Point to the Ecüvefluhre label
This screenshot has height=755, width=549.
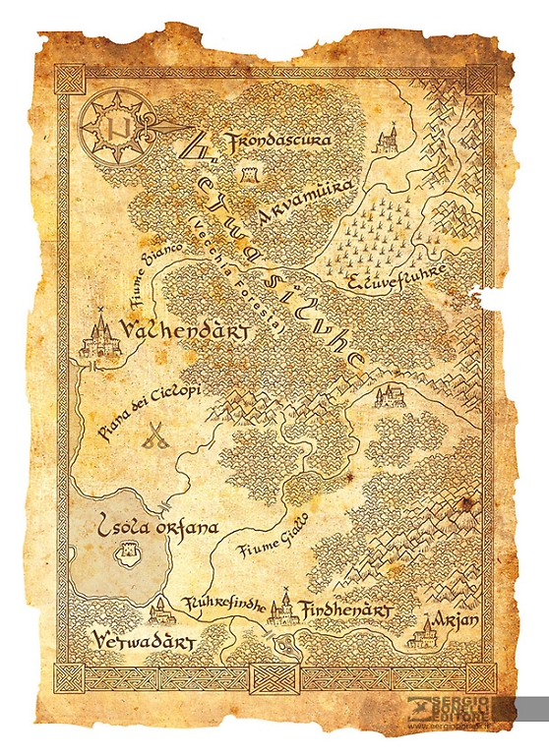click(398, 281)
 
